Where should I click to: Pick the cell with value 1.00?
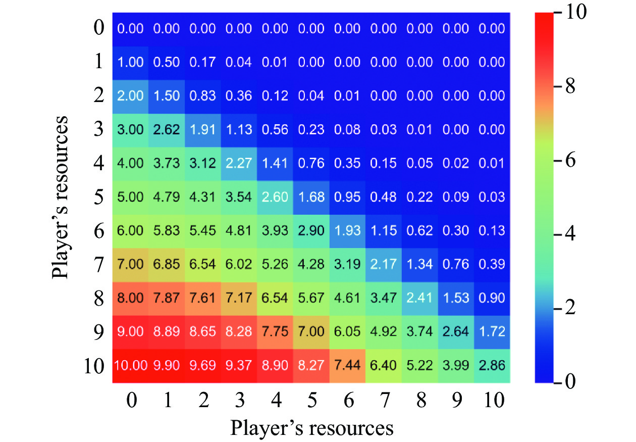click(x=130, y=62)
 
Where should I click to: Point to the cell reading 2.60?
click(x=275, y=197)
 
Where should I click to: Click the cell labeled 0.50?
click(x=167, y=62)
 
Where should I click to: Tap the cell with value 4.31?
click(x=203, y=197)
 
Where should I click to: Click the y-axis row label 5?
click(x=98, y=197)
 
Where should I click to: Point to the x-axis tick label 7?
click(x=384, y=401)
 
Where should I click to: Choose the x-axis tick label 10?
click(x=492, y=401)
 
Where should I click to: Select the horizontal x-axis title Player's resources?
click(x=312, y=427)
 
